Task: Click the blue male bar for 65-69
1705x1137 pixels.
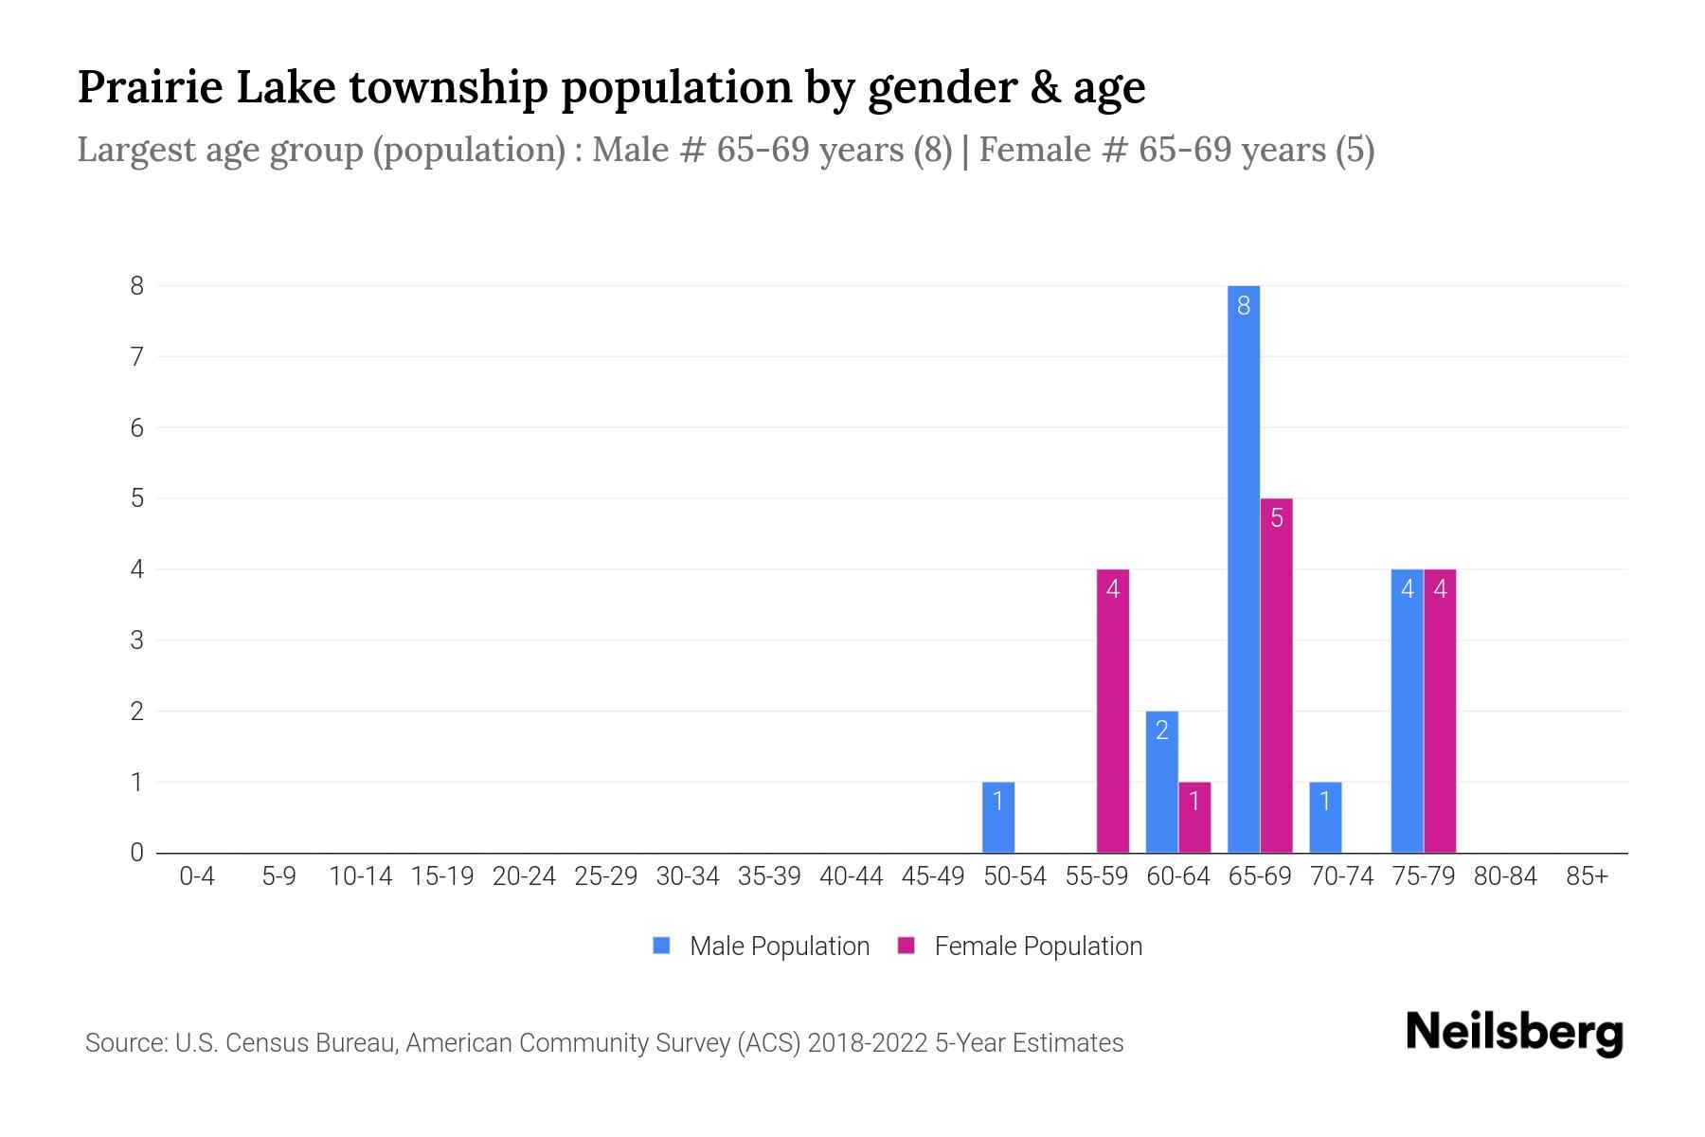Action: point(1243,568)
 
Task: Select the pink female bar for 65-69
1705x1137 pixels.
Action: point(1276,675)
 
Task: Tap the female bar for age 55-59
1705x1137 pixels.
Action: point(1112,711)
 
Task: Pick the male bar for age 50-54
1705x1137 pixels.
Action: point(997,817)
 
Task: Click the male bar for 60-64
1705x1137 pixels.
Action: point(1161,782)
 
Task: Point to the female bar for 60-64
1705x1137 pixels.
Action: point(1194,817)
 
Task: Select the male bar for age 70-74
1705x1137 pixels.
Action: point(1325,817)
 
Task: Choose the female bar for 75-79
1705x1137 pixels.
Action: point(1440,711)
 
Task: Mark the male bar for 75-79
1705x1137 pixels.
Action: point(1407,711)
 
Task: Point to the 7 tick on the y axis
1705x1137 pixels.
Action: point(137,357)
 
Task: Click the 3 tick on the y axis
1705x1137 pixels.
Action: point(137,641)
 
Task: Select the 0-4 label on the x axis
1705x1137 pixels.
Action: point(197,876)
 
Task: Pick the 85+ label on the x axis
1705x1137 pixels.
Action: point(1587,876)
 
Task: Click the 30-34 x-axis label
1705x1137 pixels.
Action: point(688,876)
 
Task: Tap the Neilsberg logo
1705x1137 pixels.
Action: point(1514,1033)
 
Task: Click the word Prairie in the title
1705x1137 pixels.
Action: point(150,87)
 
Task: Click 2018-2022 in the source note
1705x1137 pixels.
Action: point(867,1043)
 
